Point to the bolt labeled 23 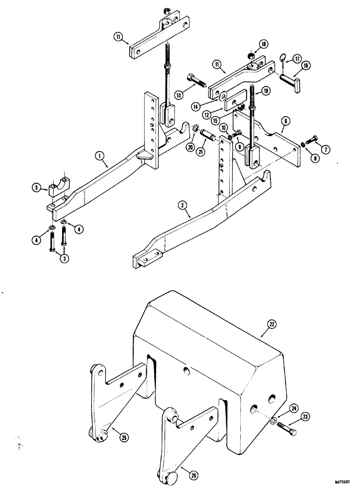pos(288,429)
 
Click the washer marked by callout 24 pos(272,421)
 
